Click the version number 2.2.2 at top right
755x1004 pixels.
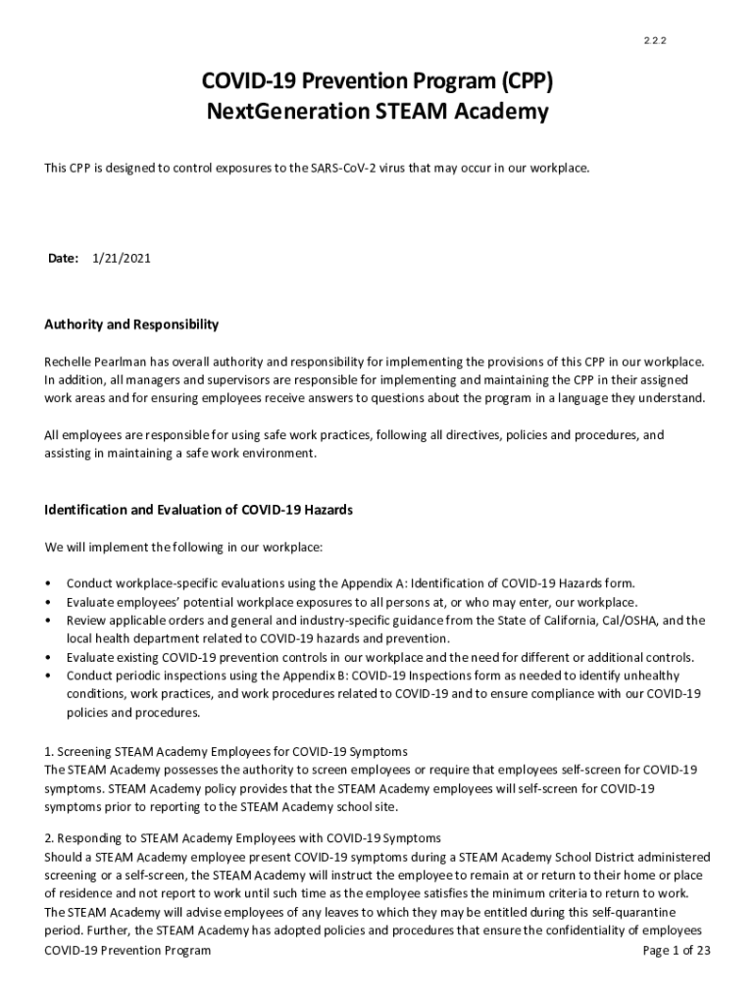(x=655, y=41)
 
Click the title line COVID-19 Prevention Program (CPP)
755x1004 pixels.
(x=377, y=80)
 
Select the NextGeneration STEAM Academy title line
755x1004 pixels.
(x=377, y=112)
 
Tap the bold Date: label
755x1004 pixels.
(x=63, y=259)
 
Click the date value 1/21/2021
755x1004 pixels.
(x=122, y=259)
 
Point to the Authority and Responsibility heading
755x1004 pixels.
(x=131, y=325)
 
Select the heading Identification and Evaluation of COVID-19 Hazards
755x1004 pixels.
(x=198, y=510)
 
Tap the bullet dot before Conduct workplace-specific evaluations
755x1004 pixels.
(x=49, y=584)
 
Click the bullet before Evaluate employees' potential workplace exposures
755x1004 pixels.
(x=49, y=603)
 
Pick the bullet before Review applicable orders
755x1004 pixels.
(x=49, y=622)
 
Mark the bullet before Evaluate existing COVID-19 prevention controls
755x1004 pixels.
(x=49, y=658)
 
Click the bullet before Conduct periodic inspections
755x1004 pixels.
(x=49, y=677)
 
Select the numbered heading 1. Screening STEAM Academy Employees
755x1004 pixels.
(x=226, y=752)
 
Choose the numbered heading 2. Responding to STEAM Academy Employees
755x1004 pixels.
(x=242, y=838)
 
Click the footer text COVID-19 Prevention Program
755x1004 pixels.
(x=127, y=951)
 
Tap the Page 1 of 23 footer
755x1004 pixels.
(x=676, y=951)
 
